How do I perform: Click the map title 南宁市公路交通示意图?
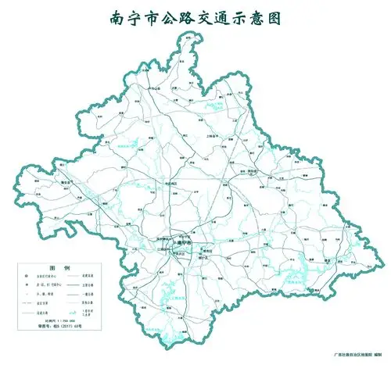195,16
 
